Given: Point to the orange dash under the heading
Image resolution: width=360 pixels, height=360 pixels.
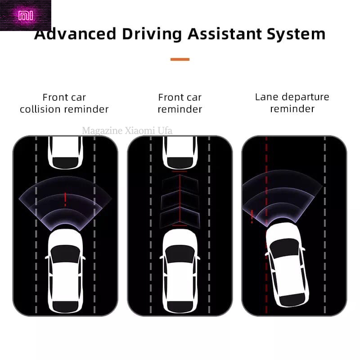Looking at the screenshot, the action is coord(180,59).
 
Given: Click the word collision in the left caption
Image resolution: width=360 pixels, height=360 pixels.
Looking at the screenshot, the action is coord(44,109).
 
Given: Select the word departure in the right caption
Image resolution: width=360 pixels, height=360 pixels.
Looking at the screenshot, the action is coord(306,97).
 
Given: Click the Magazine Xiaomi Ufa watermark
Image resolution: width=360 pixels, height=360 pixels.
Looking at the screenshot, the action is coord(127,131).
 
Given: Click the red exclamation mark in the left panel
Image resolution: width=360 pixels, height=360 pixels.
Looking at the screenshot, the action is coord(65,198).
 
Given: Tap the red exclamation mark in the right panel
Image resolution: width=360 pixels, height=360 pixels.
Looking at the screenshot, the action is coord(252,216).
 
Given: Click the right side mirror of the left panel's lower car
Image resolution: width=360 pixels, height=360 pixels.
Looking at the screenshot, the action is coord(84,257).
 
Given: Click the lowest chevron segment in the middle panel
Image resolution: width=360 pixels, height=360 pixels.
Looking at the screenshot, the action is coord(180,215).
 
